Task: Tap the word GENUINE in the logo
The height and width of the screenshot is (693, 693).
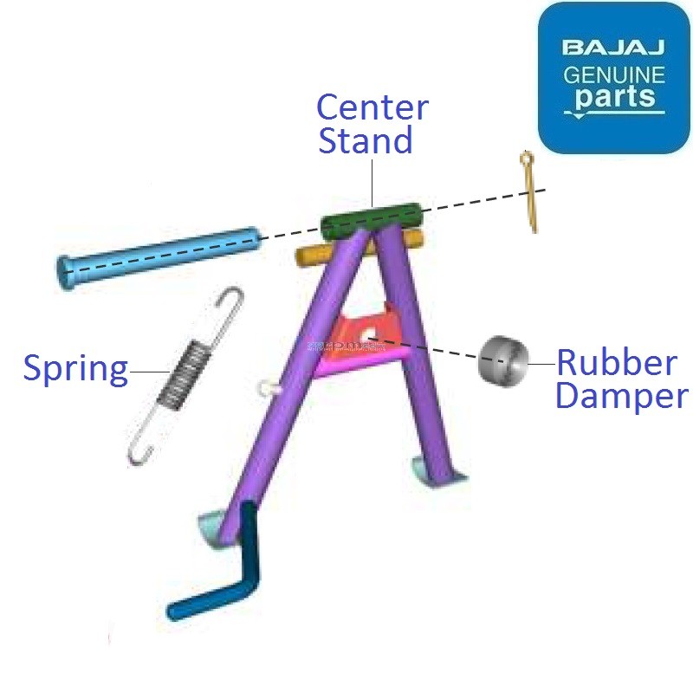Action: tap(614, 74)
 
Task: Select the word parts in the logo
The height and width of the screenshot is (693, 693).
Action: tap(614, 98)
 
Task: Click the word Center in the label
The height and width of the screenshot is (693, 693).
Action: tap(372, 107)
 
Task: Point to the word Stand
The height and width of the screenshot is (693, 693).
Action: tap(365, 140)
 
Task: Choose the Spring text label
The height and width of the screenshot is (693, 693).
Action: tap(74, 368)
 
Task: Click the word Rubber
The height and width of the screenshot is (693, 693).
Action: tap(616, 362)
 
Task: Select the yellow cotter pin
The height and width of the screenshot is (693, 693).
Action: tap(530, 191)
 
